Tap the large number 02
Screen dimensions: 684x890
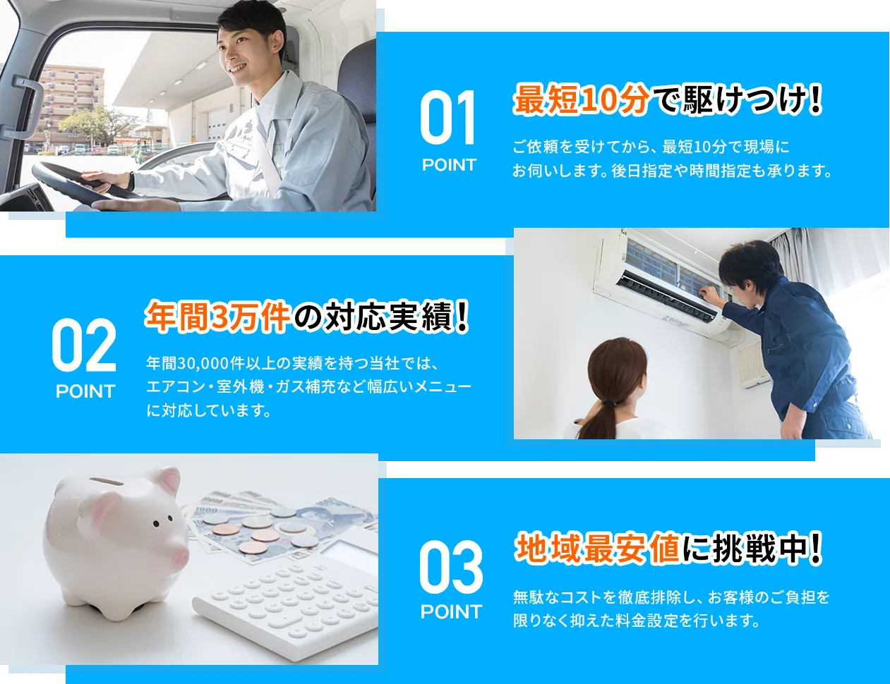[x=84, y=346]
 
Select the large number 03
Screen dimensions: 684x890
[x=451, y=567]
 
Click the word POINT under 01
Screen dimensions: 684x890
[x=449, y=165]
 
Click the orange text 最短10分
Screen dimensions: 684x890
[x=580, y=101]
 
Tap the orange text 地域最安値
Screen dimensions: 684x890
[x=596, y=549]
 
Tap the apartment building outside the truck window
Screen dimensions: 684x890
[x=71, y=99]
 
